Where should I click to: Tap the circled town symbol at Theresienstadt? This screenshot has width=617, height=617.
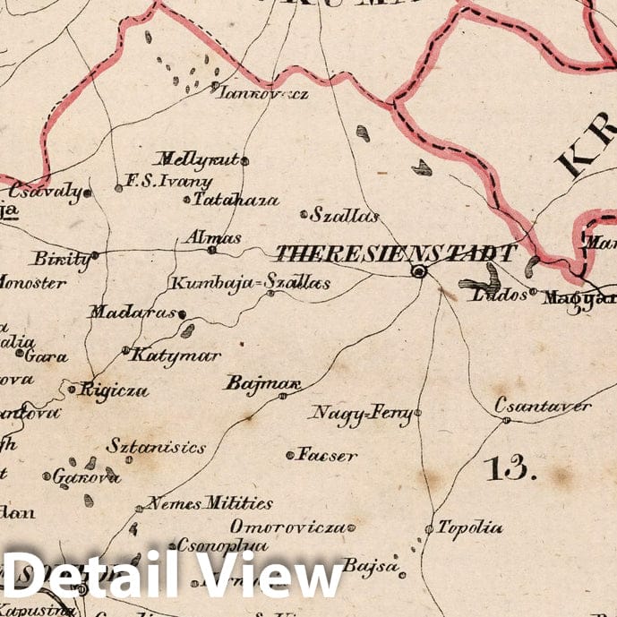click(418, 271)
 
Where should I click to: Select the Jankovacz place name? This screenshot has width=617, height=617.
click(265, 92)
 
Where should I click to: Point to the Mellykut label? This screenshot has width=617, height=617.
click(198, 159)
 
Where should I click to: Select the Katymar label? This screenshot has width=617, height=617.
click(176, 356)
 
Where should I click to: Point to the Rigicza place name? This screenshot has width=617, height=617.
click(114, 390)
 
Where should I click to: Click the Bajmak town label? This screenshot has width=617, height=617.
click(260, 384)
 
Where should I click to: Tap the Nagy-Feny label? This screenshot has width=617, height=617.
click(362, 413)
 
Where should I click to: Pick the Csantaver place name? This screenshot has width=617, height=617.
click(544, 407)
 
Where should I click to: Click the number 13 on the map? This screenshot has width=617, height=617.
click(509, 467)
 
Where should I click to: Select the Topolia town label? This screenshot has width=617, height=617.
click(470, 528)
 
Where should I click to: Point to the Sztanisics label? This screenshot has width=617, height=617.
click(156, 446)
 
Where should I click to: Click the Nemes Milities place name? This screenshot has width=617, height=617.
click(210, 503)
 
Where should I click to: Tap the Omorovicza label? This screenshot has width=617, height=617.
click(287, 527)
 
